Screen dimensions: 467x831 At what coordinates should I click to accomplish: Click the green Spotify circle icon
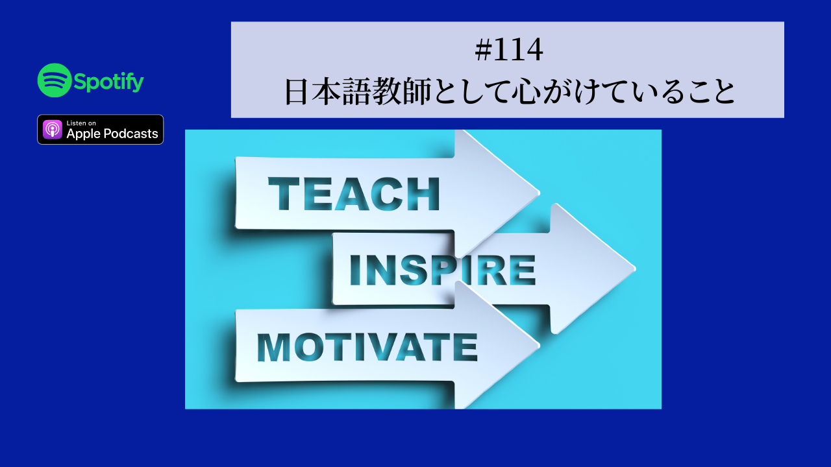click(55, 80)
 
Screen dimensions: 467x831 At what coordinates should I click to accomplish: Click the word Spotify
click(108, 81)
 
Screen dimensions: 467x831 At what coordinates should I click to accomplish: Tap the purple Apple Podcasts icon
click(53, 129)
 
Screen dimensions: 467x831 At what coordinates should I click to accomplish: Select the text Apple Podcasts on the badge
click(112, 134)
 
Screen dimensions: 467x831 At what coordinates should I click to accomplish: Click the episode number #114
click(508, 52)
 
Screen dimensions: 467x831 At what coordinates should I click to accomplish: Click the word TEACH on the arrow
click(354, 195)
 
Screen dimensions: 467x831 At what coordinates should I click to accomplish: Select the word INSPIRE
click(442, 270)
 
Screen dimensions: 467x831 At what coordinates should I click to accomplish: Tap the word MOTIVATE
click(367, 348)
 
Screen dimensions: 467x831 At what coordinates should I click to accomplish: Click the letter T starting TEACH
click(283, 195)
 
